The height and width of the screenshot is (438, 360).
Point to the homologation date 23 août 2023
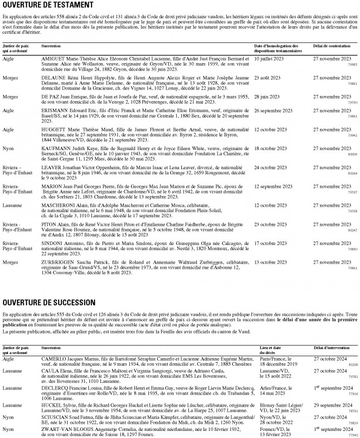pos(267,77)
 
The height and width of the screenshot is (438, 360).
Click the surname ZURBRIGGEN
pos(57,262)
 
